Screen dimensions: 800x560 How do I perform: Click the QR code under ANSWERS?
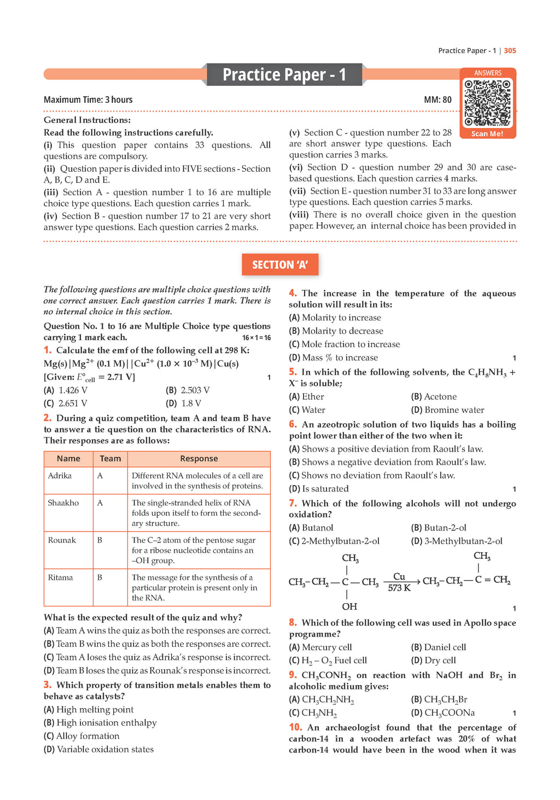487,103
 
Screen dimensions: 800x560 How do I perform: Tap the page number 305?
510,51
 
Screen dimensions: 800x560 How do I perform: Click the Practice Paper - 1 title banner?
284,74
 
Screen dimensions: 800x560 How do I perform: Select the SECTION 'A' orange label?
280,265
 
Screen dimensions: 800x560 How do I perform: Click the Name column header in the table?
68,459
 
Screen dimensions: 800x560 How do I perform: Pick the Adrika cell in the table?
60,476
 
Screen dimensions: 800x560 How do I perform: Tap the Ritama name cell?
60,577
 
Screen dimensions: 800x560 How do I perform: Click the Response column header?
199,459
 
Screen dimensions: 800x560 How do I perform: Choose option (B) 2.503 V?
188,390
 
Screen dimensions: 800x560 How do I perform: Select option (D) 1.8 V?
183,404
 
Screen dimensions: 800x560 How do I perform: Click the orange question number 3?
48,685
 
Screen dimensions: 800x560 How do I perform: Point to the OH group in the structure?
349,606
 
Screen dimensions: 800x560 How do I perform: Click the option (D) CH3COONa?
443,713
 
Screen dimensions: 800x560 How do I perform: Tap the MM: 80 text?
437,100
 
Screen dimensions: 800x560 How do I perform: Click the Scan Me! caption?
487,133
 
